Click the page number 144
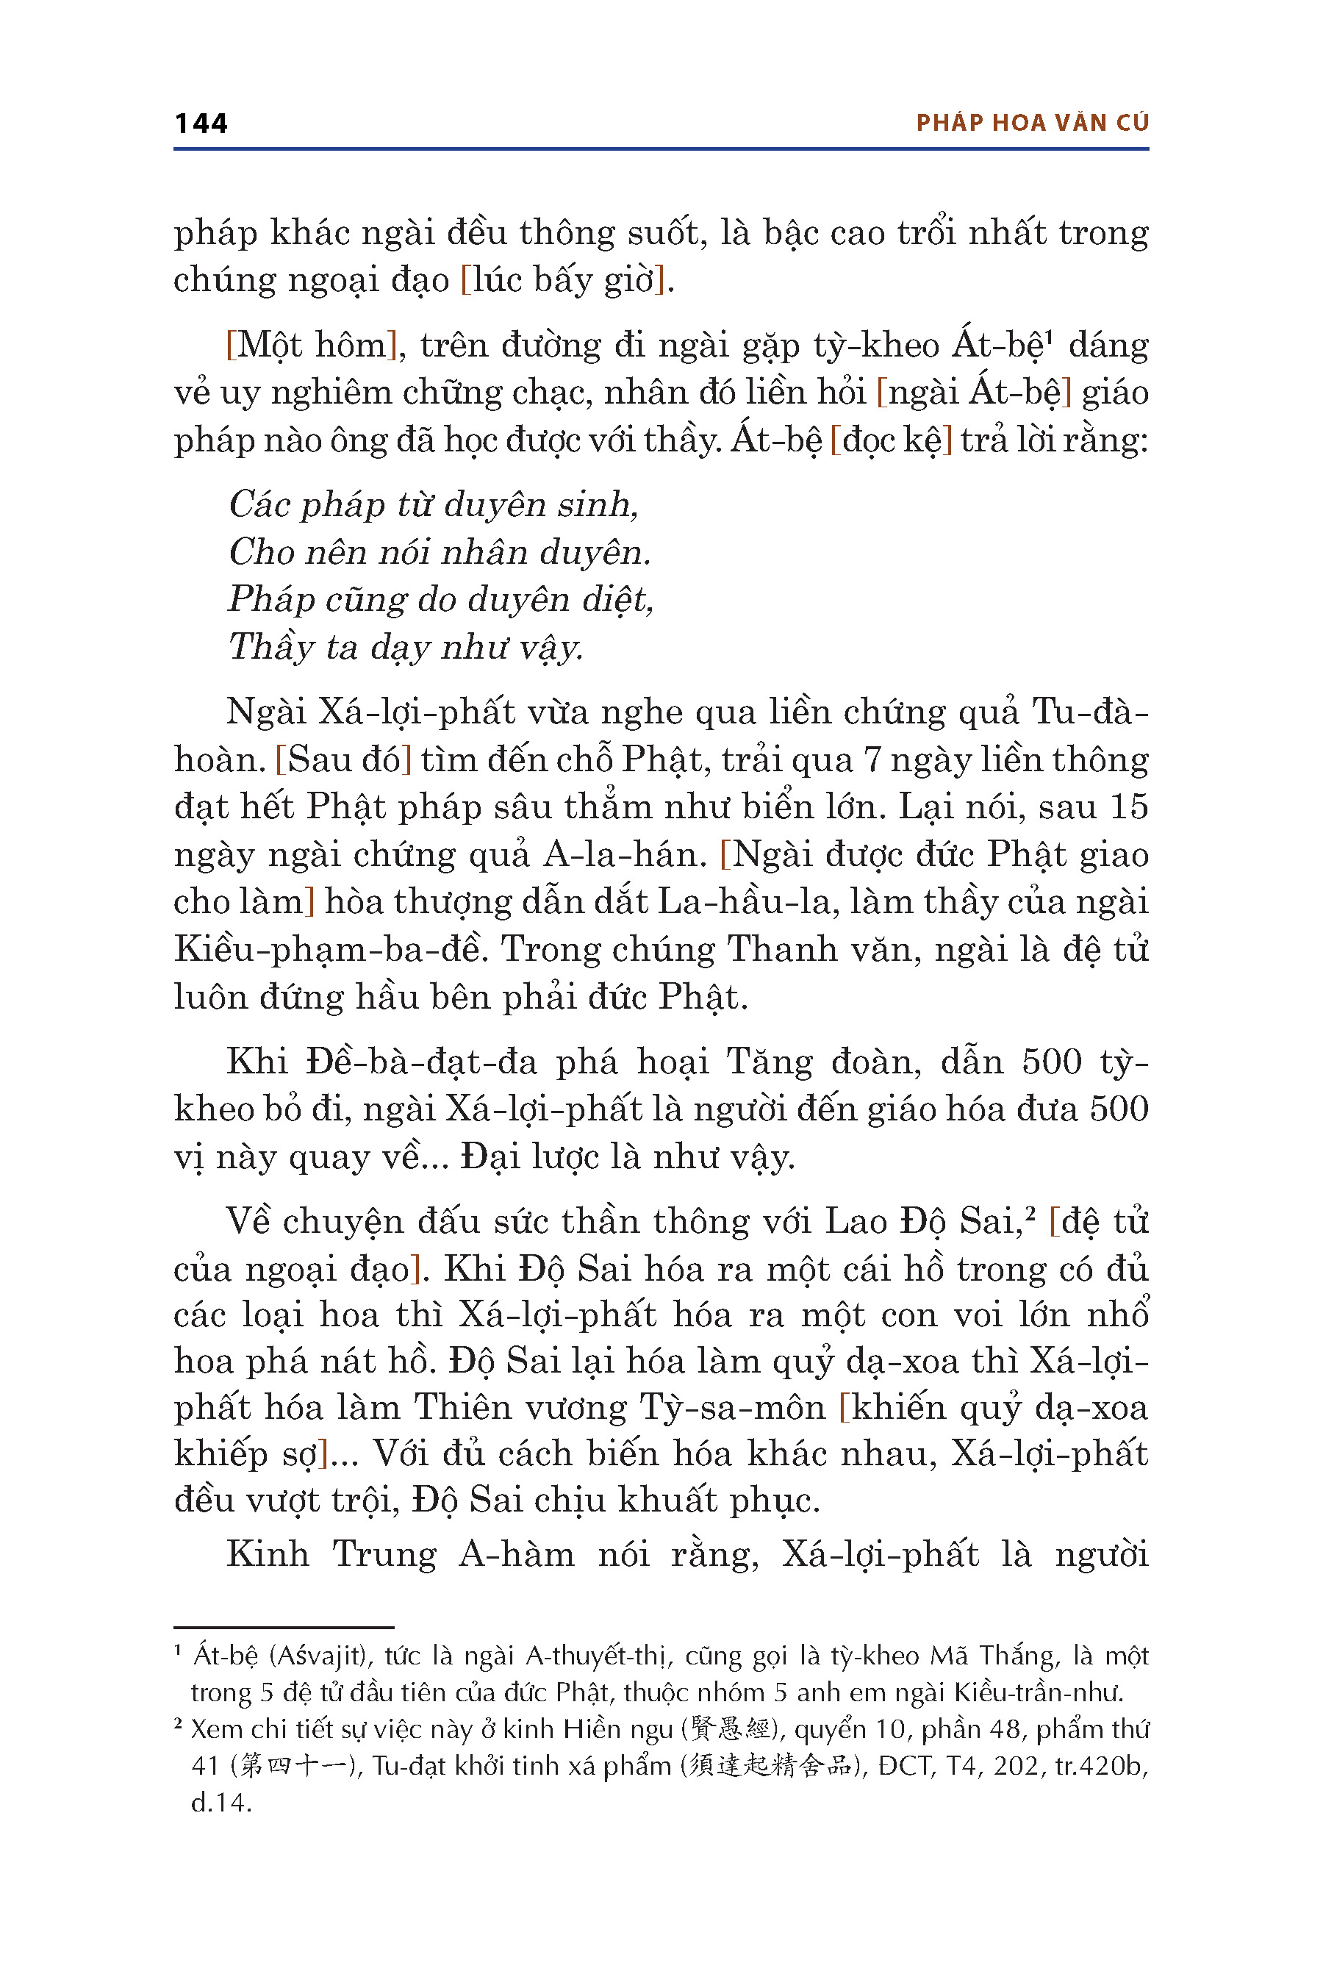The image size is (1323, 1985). point(201,124)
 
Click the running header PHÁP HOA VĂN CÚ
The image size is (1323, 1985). point(1032,124)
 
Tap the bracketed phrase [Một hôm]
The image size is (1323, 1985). point(312,346)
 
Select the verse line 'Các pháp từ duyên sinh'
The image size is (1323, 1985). point(433,504)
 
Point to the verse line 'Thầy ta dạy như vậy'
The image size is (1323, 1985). point(405,647)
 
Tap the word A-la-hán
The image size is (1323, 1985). point(624,855)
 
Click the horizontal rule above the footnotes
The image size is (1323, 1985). point(284,1626)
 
